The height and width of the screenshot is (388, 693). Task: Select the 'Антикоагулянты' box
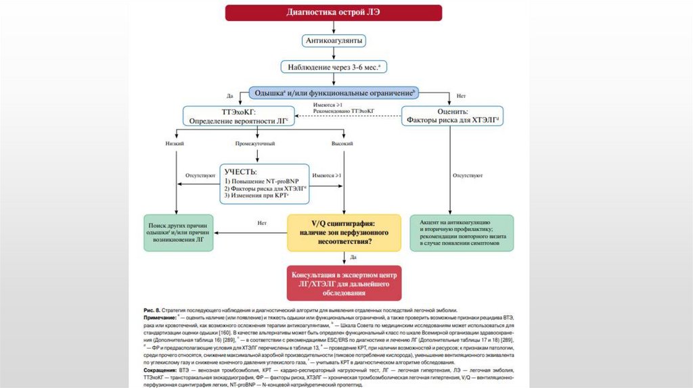coord(334,41)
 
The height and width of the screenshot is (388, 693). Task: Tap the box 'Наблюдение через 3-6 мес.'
coord(334,67)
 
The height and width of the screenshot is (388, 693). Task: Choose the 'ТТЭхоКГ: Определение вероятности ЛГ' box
coord(238,115)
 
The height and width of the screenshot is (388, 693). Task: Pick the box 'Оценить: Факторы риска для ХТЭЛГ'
coord(453,115)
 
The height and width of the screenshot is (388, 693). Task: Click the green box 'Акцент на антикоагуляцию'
coord(462,233)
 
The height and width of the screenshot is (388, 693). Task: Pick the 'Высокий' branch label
coord(342,144)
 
